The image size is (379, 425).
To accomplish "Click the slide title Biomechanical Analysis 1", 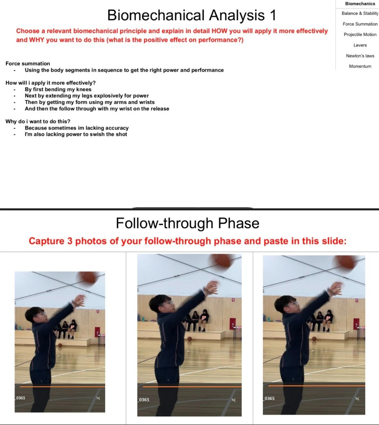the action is click(192, 15).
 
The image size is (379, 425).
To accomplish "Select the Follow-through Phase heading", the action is click(187, 223).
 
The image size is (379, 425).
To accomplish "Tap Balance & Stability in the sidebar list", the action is click(360, 14).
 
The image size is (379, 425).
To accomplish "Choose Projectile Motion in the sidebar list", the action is click(360, 34).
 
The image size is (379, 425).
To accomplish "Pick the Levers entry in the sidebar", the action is click(360, 45).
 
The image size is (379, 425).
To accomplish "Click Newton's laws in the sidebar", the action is click(360, 56).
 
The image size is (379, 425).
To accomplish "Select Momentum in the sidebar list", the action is click(360, 66).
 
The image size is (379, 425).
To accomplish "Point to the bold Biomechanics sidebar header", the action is click(360, 4).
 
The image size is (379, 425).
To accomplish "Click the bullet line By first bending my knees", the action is click(58, 89).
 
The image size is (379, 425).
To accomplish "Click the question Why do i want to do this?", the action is click(38, 122).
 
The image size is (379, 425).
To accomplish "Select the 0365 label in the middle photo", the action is click(144, 400).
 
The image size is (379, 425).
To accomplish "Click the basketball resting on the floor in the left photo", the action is click(60, 345).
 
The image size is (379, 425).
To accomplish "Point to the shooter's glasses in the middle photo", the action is click(169, 303).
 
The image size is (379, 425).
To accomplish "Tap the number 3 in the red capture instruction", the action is click(70, 241).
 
